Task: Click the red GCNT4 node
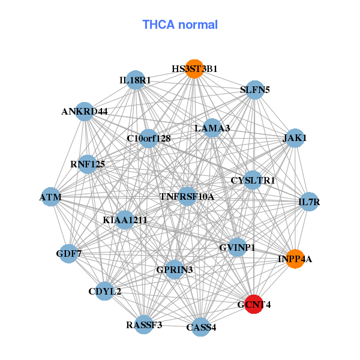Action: click(254, 304)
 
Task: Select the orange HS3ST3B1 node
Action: click(194, 69)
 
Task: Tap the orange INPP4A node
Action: click(295, 259)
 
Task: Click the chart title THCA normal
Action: click(180, 25)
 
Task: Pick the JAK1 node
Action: click(295, 138)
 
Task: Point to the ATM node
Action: click(51, 197)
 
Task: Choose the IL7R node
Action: click(309, 202)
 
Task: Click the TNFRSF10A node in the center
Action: click(187, 196)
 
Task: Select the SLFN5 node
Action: click(255, 90)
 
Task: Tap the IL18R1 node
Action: click(136, 80)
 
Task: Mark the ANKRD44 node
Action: click(85, 112)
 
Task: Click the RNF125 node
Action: click(88, 164)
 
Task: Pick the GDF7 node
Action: click(68, 253)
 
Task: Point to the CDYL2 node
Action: click(104, 291)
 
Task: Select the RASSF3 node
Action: click(144, 325)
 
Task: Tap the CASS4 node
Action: click(201, 327)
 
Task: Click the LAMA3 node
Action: click(212, 128)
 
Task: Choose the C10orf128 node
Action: click(149, 139)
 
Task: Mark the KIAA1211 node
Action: click(125, 220)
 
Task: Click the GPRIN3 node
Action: click(175, 269)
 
